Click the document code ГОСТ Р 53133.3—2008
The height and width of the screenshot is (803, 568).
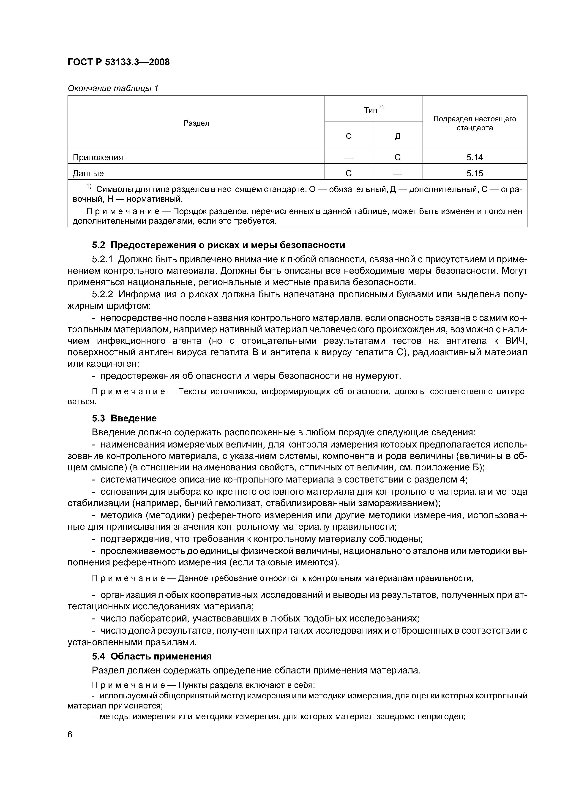coord(118,62)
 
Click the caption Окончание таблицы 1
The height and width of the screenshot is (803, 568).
coord(113,89)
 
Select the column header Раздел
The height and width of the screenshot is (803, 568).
coord(196,123)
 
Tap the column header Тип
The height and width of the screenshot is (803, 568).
coord(371,110)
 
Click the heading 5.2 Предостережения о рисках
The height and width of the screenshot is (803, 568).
coord(218,245)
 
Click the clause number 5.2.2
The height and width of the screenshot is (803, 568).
coord(103,294)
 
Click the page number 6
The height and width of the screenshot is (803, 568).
coord(70,735)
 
